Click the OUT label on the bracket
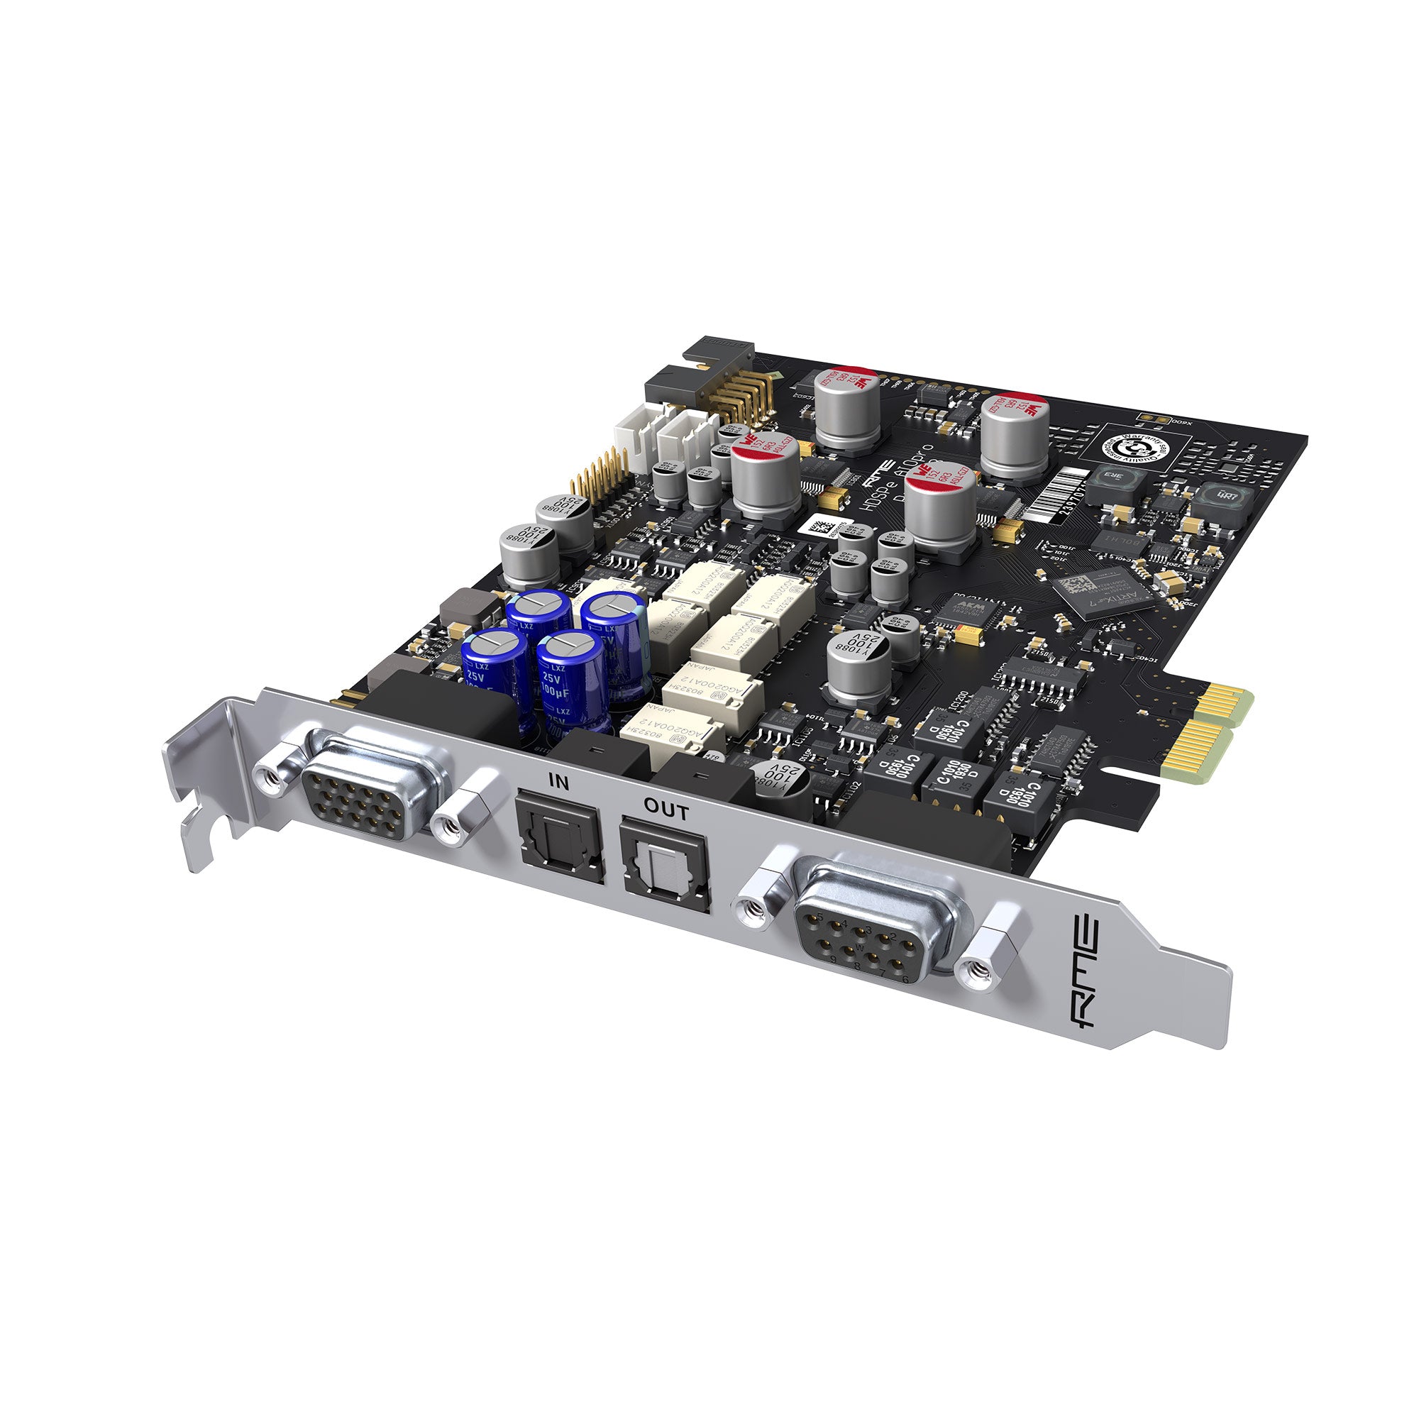coord(666,811)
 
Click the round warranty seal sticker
coord(1134,446)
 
